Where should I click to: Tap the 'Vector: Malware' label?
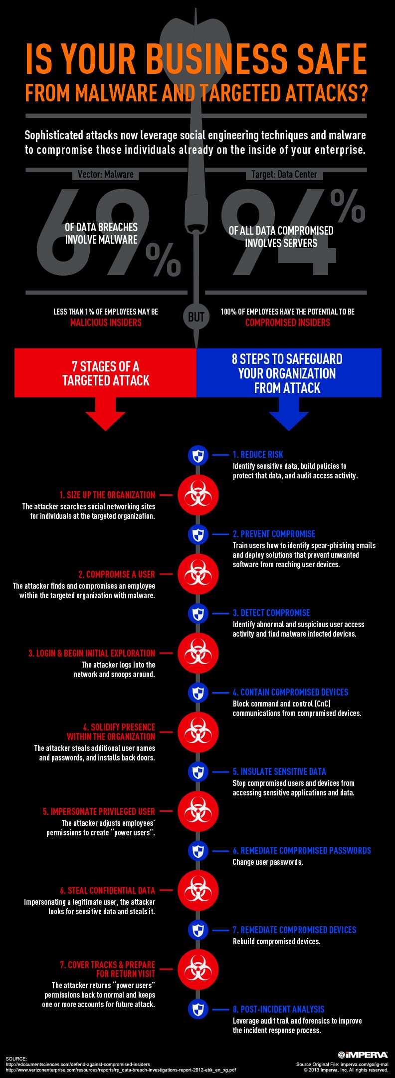click(106, 174)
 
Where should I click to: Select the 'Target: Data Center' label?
click(284, 174)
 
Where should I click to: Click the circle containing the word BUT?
click(196, 317)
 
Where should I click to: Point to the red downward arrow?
click(105, 413)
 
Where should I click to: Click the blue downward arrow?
click(289, 413)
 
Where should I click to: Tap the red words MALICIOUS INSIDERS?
click(106, 323)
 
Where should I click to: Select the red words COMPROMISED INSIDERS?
click(288, 323)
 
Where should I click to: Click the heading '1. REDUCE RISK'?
click(258, 454)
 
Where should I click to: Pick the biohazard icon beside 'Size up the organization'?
click(198, 495)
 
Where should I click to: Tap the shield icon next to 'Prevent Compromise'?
click(198, 534)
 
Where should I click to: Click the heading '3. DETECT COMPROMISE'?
click(271, 613)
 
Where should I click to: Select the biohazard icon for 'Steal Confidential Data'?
click(198, 890)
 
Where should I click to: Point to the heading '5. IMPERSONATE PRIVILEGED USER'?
click(99, 811)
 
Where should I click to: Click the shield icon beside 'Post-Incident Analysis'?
click(198, 1009)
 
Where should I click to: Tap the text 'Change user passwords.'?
click(268, 862)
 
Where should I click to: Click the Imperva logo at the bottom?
click(363, 1055)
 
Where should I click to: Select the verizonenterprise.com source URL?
click(121, 1070)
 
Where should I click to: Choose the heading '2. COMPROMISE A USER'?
click(117, 574)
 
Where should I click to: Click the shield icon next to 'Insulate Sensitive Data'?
click(198, 771)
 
